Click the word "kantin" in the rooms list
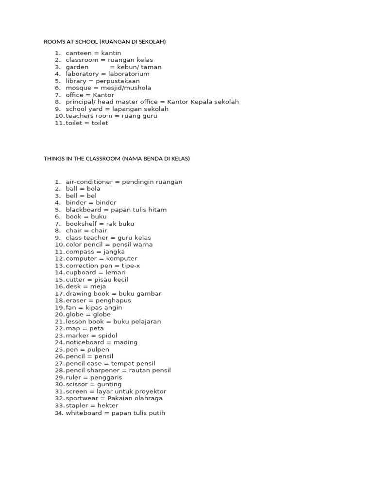pyautogui.click(x=111, y=53)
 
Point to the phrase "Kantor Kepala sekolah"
pyautogui.click(x=203, y=102)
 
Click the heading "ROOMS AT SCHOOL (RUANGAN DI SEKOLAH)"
pyautogui.click(x=105, y=42)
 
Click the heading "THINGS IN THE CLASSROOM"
pyautogui.click(x=82, y=159)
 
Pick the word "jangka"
pyautogui.click(x=114, y=252)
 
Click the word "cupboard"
pyautogui.click(x=82, y=273)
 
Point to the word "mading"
pyautogui.click(x=125, y=342)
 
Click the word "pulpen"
pyautogui.click(x=98, y=350)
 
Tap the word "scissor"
pyautogui.click(x=77, y=384)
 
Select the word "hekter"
pyautogui.click(x=107, y=406)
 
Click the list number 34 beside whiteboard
pyautogui.click(x=59, y=413)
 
